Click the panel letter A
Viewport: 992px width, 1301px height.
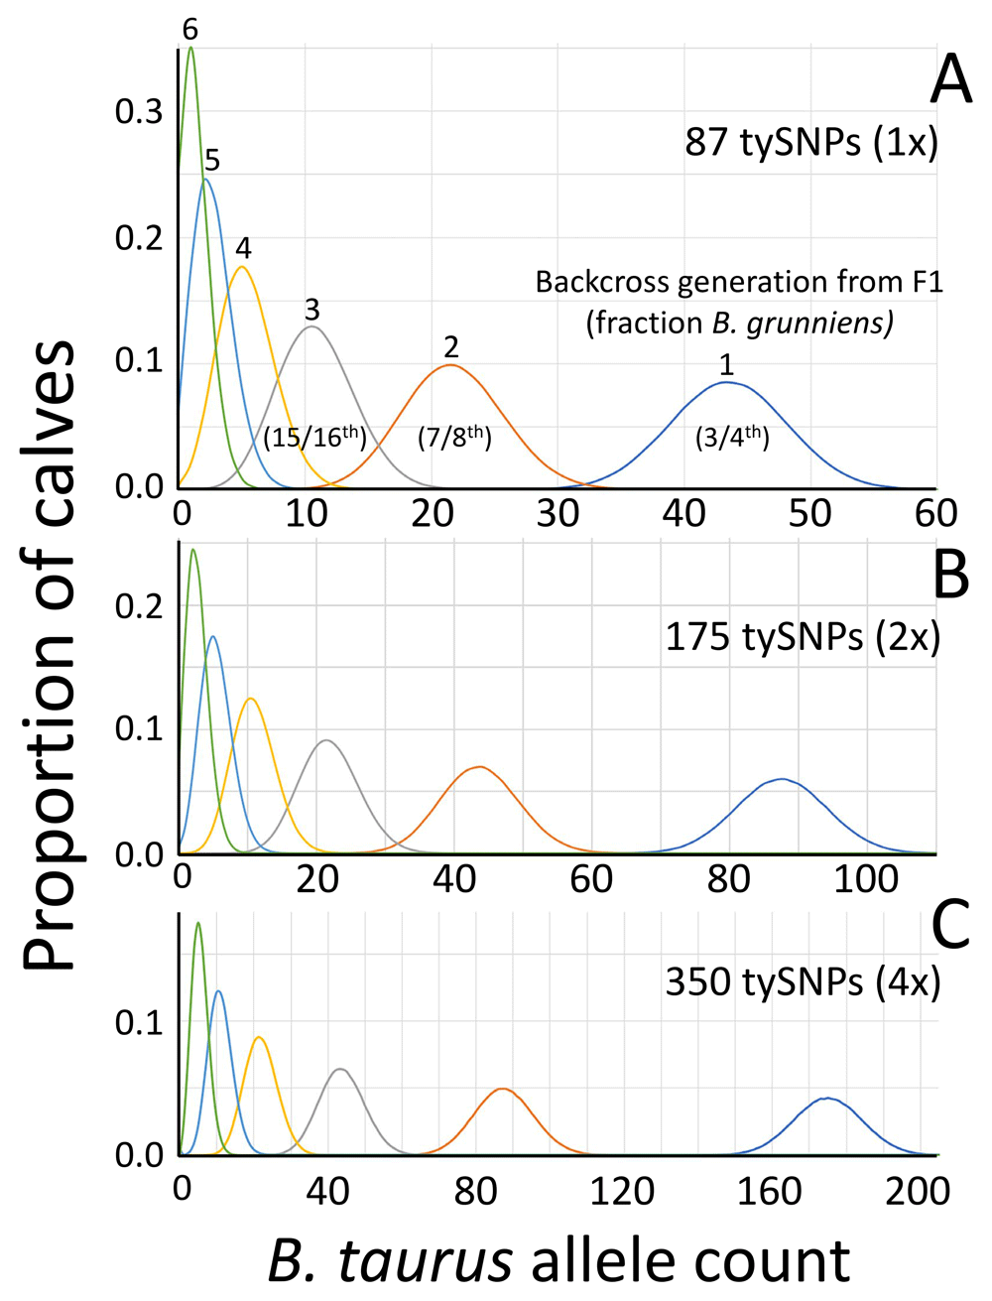(x=949, y=79)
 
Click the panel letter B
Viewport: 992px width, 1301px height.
(x=950, y=574)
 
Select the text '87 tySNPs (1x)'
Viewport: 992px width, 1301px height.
(x=810, y=143)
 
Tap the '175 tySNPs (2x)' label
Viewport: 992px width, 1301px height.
(x=802, y=636)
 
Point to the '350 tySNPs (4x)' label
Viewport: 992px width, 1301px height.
(x=802, y=982)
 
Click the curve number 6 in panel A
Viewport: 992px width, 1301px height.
(x=190, y=31)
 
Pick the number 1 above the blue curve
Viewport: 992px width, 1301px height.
(x=727, y=365)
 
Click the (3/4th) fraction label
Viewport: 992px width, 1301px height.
(x=732, y=437)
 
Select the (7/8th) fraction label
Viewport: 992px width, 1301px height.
(x=454, y=437)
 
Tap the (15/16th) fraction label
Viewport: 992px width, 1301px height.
(x=314, y=437)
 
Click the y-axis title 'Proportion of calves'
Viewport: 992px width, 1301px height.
(x=50, y=655)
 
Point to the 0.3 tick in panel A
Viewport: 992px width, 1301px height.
(x=139, y=112)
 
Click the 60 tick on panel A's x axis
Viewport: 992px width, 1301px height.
(x=934, y=513)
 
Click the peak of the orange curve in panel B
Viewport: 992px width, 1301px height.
(x=480, y=766)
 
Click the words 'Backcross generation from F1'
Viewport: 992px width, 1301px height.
(x=739, y=283)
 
